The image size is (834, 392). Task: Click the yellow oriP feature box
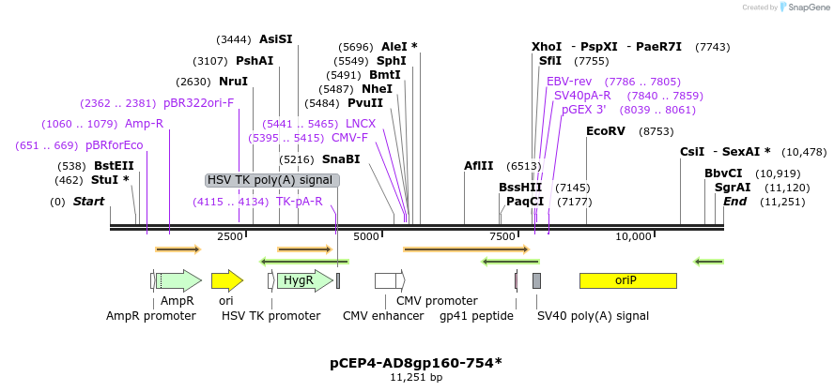[x=627, y=280]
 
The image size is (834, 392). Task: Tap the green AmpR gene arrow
[x=178, y=280]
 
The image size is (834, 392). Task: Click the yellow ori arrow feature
[x=226, y=280]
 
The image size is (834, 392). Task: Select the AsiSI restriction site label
[x=276, y=39]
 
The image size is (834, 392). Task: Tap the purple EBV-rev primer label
[x=569, y=82]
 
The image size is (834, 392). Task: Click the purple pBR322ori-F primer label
[x=199, y=103]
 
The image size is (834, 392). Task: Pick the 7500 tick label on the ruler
[x=502, y=236]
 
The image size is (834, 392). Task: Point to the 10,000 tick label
[x=633, y=236]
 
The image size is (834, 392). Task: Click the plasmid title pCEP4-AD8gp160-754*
[x=416, y=362]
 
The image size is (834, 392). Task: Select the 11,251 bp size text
[x=416, y=377]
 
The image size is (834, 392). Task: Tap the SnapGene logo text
[x=808, y=8]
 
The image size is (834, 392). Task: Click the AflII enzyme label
[x=478, y=166]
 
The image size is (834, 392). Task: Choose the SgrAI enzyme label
[x=733, y=188]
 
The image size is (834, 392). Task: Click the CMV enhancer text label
[x=383, y=316]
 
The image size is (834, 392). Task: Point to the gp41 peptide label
[x=476, y=316]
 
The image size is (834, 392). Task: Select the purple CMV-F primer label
[x=349, y=138]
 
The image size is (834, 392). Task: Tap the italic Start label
[x=88, y=202]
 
